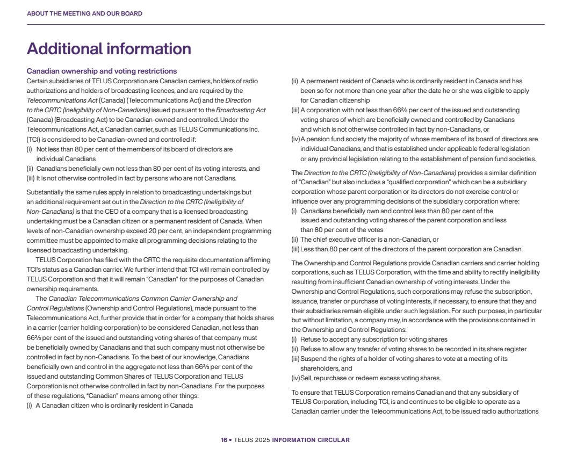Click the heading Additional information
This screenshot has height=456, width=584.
pos(109,49)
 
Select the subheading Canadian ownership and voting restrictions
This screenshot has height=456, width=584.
pos(102,71)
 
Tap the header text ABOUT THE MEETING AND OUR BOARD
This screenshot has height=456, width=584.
pos(84,13)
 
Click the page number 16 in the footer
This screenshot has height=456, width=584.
pos(223,440)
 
